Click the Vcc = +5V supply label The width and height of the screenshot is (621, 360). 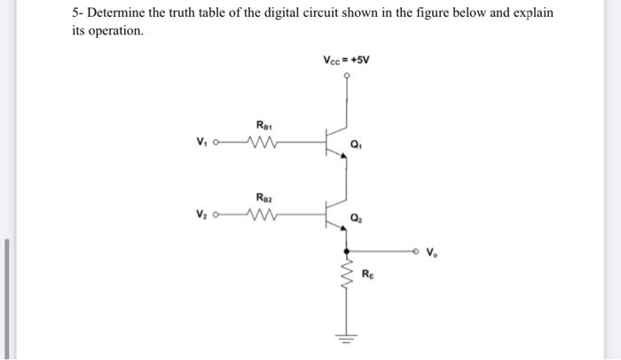346,60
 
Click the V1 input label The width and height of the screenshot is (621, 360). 202,141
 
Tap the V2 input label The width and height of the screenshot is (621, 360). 202,214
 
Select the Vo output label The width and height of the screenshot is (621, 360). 431,253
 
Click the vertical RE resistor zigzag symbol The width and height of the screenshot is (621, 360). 346,276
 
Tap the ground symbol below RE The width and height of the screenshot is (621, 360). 346,337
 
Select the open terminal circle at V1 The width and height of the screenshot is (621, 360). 218,141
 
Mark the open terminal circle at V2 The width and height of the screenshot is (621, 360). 218,214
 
